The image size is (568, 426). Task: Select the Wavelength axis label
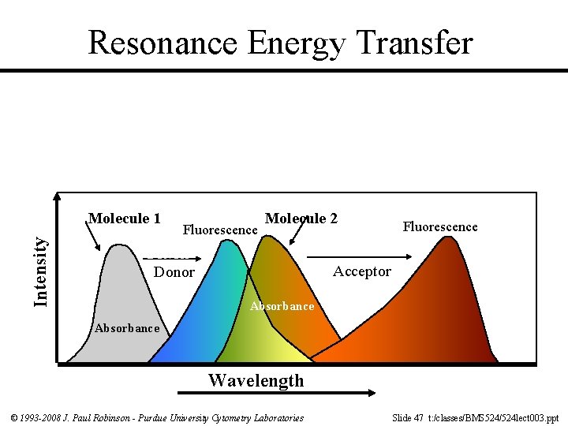pyautogui.click(x=256, y=380)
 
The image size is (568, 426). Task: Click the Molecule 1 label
pyautogui.click(x=125, y=219)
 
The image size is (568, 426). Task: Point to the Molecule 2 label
pyautogui.click(x=301, y=219)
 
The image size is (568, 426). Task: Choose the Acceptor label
pyautogui.click(x=361, y=271)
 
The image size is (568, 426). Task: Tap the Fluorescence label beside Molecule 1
pyautogui.click(x=220, y=230)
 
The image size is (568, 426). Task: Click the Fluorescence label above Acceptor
pyautogui.click(x=440, y=227)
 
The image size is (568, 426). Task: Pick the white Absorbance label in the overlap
pyautogui.click(x=282, y=306)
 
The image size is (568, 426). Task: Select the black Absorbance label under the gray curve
pyautogui.click(x=126, y=328)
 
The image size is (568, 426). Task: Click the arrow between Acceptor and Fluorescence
pyautogui.click(x=359, y=257)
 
